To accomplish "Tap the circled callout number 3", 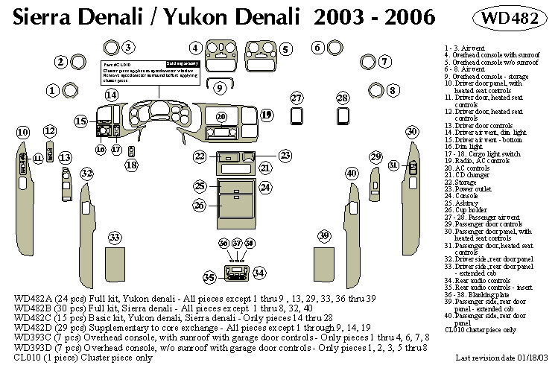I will pyautogui.click(x=129, y=48).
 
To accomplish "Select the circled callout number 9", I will pyautogui.click(x=220, y=88).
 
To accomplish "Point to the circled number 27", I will pyautogui.click(x=297, y=98).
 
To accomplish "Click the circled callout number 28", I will pyautogui.click(x=342, y=98).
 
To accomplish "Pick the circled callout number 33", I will pyautogui.click(x=114, y=237).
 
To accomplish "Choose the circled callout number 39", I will pyautogui.click(x=324, y=235).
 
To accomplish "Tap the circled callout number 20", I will pyautogui.click(x=221, y=117).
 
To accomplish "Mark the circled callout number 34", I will pyautogui.click(x=259, y=273).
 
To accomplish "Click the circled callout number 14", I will pyautogui.click(x=111, y=95).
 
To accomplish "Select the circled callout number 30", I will pyautogui.click(x=412, y=131).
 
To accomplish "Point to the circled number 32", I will pyautogui.click(x=87, y=174).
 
